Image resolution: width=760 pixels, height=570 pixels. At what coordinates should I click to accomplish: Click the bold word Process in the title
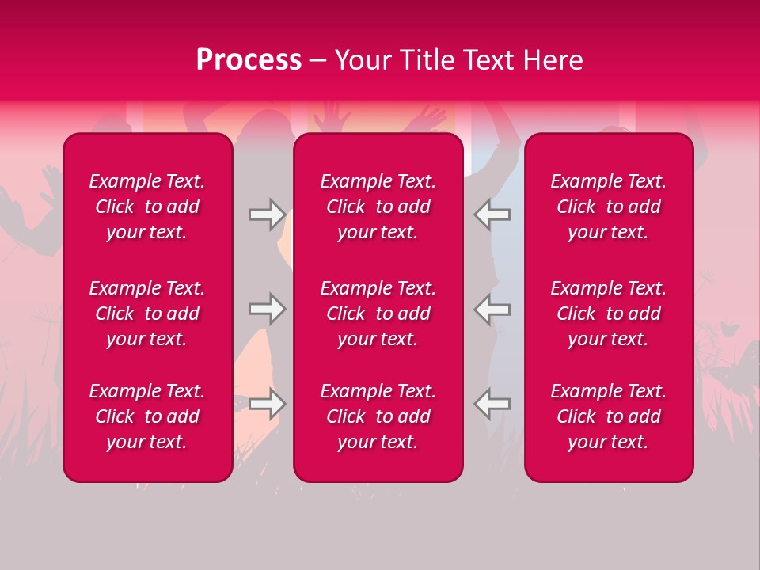pyautogui.click(x=249, y=60)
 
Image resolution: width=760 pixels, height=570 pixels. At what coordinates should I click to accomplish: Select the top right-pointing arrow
pyautogui.click(x=267, y=214)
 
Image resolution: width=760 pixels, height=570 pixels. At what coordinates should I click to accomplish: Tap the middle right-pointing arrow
pyautogui.click(x=267, y=309)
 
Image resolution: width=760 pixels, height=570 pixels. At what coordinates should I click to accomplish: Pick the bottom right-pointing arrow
pyautogui.click(x=267, y=404)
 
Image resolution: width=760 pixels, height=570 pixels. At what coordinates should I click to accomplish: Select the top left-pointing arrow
pyautogui.click(x=492, y=214)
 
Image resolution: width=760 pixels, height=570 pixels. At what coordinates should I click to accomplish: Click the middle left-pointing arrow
pyautogui.click(x=492, y=309)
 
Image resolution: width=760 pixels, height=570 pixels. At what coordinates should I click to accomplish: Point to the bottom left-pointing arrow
pyautogui.click(x=492, y=404)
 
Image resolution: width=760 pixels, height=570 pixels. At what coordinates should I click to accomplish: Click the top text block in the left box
pyautogui.click(x=147, y=207)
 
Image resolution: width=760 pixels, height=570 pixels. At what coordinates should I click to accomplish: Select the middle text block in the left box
pyautogui.click(x=147, y=313)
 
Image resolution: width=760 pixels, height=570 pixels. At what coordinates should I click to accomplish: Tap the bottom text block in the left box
pyautogui.click(x=147, y=416)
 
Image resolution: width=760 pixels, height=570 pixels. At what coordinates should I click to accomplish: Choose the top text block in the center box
pyautogui.click(x=378, y=207)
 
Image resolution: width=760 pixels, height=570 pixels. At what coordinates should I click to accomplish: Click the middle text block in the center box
pyautogui.click(x=378, y=313)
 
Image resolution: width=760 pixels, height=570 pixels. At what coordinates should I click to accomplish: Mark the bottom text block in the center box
pyautogui.click(x=378, y=416)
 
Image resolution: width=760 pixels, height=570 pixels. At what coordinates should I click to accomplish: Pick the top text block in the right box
pyautogui.click(x=609, y=207)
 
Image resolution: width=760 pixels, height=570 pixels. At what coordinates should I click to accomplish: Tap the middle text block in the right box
pyautogui.click(x=609, y=313)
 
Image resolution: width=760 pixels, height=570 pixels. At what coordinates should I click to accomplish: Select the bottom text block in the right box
pyautogui.click(x=609, y=416)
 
